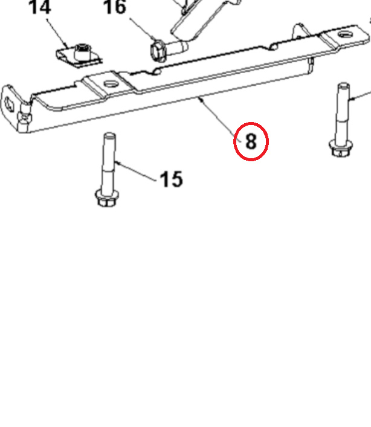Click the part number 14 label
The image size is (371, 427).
40,7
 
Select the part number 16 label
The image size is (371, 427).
115,7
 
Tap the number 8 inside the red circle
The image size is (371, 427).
251,141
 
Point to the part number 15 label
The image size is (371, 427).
171,179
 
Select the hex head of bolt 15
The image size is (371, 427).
106,197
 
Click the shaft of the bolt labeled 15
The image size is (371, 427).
109,160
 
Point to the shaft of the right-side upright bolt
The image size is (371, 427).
343,112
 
